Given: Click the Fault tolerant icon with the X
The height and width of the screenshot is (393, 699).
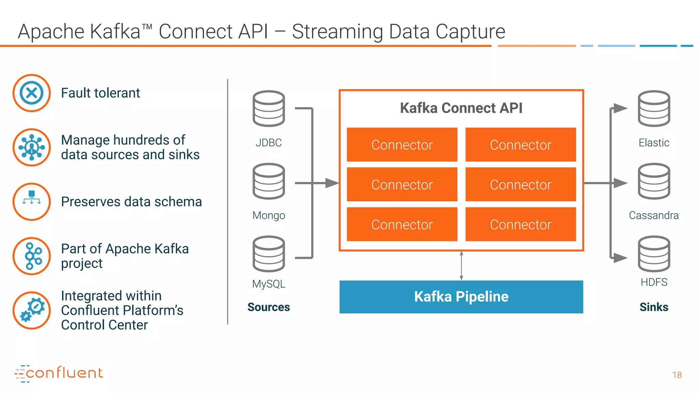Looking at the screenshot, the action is (x=32, y=93).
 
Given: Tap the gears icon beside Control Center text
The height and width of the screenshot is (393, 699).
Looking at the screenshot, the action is (x=32, y=310).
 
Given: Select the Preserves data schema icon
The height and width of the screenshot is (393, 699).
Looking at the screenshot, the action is (x=32, y=202).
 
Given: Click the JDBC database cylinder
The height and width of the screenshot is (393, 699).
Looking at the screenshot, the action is (x=269, y=108).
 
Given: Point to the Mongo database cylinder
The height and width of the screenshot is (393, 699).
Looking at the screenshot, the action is (x=269, y=181).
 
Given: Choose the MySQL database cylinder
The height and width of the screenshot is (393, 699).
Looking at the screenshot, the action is (x=269, y=254).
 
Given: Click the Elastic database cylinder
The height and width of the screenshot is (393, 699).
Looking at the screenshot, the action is (x=654, y=108).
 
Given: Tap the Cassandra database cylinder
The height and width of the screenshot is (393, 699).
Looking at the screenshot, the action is (x=654, y=181).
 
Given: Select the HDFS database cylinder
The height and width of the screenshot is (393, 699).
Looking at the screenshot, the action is (x=654, y=254).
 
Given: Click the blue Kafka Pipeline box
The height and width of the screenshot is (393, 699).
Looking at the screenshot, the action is (x=461, y=297).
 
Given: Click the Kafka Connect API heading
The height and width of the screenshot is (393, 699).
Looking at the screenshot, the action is (x=461, y=108).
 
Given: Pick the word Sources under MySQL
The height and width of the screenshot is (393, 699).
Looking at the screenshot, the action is (x=269, y=307).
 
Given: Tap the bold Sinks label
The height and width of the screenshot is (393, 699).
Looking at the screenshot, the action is (x=654, y=307).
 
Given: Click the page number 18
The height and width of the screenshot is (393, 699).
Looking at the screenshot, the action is (x=677, y=375).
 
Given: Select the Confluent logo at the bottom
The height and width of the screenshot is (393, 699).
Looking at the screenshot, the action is (x=58, y=374).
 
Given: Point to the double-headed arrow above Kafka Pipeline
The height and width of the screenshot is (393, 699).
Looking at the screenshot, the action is (x=461, y=266).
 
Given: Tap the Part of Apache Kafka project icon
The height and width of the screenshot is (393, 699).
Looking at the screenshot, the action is (x=32, y=256).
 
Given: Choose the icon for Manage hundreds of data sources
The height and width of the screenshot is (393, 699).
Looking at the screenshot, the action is (x=32, y=147).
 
